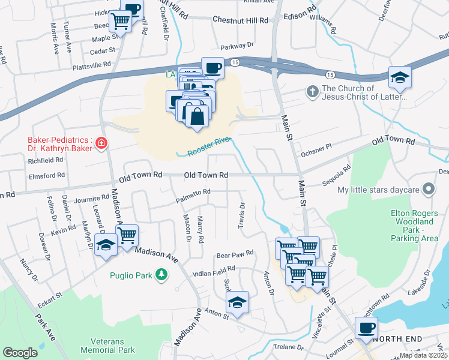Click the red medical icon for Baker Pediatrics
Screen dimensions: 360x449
pos(101,143)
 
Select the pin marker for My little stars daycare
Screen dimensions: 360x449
pos(429,190)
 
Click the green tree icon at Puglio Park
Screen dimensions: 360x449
pos(161,275)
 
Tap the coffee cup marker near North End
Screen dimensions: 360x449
pos(366,329)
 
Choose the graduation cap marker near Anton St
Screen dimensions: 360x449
pos(238,304)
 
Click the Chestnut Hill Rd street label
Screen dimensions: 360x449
pos(240,20)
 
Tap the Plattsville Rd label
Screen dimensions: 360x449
pos(92,64)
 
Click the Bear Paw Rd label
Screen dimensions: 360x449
pos(235,254)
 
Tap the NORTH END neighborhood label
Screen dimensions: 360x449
pos(393,339)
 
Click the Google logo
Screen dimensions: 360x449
pos(20,353)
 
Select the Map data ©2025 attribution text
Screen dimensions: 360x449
pos(423,355)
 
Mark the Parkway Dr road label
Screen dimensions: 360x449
pos(237,46)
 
